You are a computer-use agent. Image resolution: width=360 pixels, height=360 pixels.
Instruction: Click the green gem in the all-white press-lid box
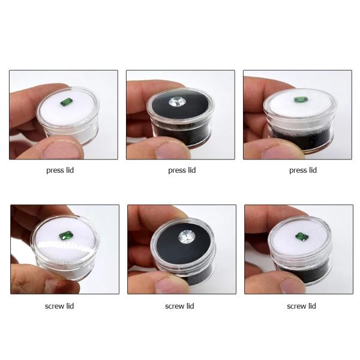(67, 102)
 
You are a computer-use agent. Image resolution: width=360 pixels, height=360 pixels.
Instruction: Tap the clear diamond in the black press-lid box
(177, 102)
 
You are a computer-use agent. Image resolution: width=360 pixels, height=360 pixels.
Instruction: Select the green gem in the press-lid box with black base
(301, 100)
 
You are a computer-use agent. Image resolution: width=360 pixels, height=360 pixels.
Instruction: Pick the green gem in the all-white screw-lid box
(66, 236)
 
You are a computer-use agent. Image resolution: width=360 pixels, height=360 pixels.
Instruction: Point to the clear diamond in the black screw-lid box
(187, 237)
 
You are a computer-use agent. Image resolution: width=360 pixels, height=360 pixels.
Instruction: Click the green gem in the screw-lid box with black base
(302, 237)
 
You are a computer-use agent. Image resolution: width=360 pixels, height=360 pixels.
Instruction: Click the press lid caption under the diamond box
(182, 170)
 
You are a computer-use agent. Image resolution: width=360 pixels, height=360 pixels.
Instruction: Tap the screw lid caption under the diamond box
(179, 306)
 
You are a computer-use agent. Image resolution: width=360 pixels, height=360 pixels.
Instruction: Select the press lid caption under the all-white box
(60, 170)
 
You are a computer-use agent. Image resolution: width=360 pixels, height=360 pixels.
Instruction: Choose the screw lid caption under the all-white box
(59, 306)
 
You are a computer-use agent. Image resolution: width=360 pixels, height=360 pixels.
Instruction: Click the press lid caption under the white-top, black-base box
(303, 170)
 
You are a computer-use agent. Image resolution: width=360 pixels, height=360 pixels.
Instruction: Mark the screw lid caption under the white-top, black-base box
(301, 306)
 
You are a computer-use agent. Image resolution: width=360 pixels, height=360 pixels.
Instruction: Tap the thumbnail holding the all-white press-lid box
(64, 115)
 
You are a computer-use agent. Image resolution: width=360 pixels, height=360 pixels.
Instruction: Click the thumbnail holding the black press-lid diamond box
(181, 115)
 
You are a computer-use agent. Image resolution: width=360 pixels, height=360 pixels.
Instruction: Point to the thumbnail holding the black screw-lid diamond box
(182, 250)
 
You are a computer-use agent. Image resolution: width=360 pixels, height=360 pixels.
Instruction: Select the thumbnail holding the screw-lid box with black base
(299, 250)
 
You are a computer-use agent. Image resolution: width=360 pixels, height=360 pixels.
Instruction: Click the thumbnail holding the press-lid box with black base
(298, 115)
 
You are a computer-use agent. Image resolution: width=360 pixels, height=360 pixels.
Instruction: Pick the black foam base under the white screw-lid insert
(303, 273)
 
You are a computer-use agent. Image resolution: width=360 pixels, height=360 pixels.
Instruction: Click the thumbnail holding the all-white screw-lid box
(65, 250)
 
